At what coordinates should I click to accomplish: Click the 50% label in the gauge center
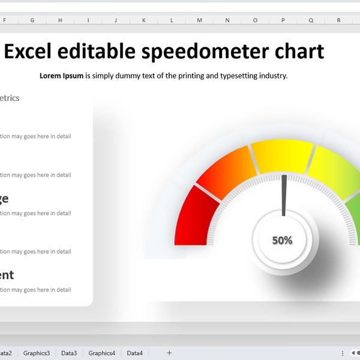click(282, 241)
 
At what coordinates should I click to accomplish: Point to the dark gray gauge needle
click(284, 195)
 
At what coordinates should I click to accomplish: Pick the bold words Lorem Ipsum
click(61, 76)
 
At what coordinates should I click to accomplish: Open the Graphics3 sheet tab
click(37, 353)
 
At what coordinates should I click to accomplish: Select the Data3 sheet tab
click(69, 353)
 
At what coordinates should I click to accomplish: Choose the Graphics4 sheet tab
click(102, 353)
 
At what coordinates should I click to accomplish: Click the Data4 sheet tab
click(134, 353)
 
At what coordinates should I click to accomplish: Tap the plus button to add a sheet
click(169, 353)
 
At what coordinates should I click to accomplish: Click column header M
click(199, 20)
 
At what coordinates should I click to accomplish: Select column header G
click(32, 20)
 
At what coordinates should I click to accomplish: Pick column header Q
click(311, 20)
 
